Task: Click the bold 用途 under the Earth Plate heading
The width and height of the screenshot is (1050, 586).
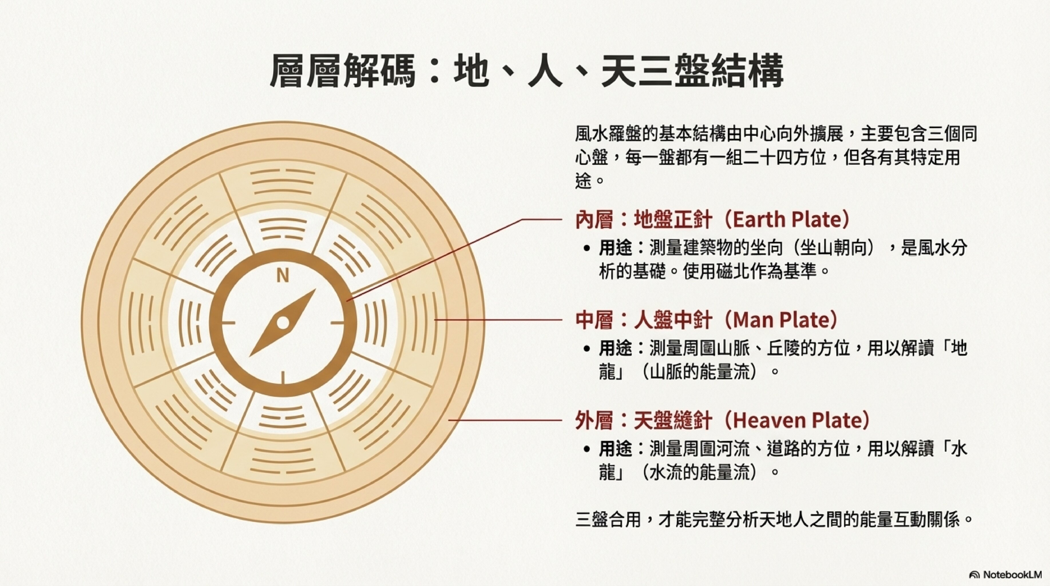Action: pyautogui.click(x=615, y=248)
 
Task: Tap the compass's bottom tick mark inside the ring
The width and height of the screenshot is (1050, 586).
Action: pyautogui.click(x=282, y=378)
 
